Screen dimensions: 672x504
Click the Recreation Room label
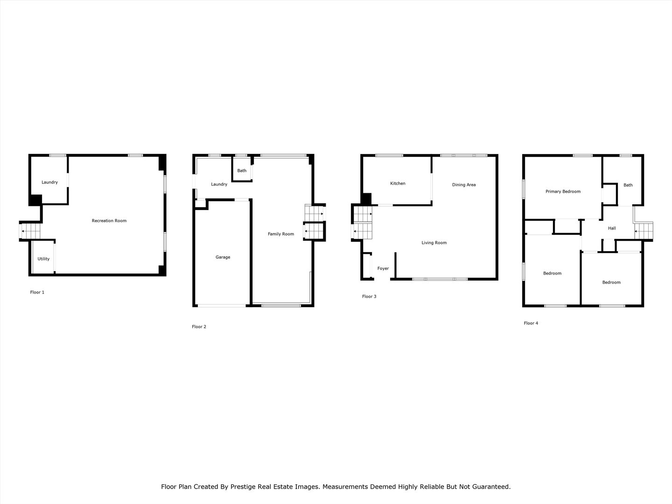[109, 221]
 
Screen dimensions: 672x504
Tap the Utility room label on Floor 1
[43, 259]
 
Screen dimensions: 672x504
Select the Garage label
[223, 257]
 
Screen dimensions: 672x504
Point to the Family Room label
[281, 234]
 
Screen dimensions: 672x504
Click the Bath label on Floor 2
[242, 171]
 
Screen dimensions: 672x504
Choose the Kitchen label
[398, 183]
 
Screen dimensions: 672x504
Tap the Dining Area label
[464, 185]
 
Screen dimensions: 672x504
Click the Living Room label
[434, 243]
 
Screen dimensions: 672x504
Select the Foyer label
[383, 268]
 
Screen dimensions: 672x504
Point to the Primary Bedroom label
[563, 191]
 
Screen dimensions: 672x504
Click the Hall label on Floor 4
[612, 228]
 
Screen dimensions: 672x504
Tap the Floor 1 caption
[37, 292]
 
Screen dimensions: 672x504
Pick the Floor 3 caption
[369, 296]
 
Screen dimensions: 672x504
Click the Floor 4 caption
[531, 323]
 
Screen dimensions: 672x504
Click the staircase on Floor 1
[30, 231]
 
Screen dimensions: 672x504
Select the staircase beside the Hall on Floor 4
[644, 231]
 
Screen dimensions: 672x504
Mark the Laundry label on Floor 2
[219, 184]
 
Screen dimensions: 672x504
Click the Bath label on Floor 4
[628, 185]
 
